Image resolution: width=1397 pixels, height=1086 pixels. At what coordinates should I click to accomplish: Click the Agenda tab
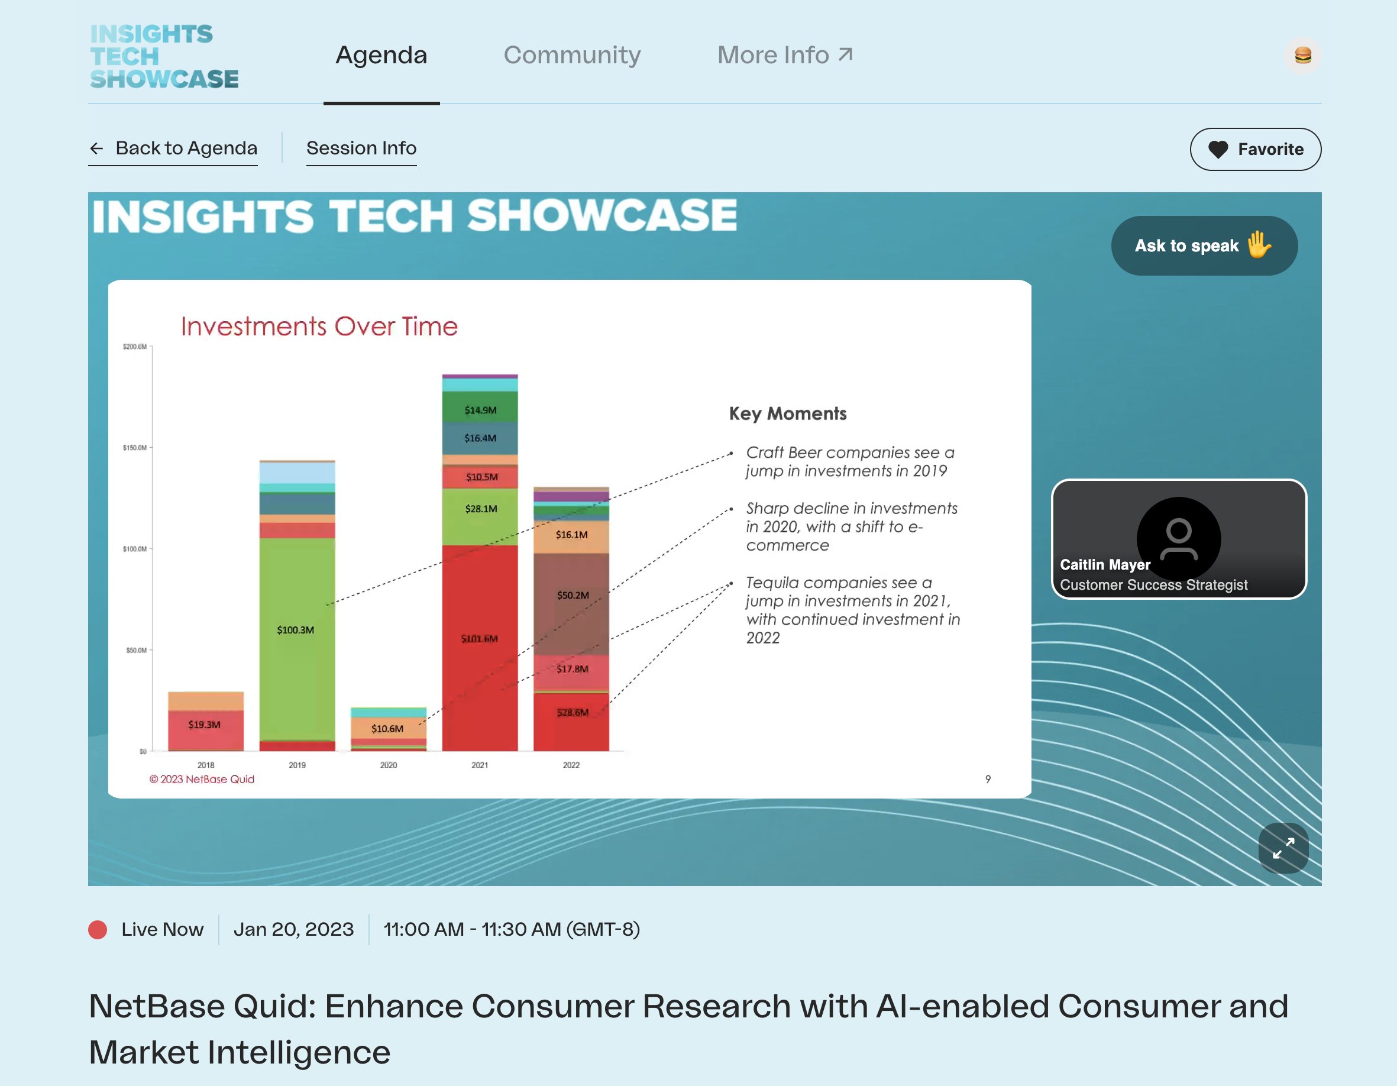click(381, 56)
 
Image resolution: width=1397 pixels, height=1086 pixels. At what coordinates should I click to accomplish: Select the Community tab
click(572, 56)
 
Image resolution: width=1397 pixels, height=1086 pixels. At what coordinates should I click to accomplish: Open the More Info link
click(785, 56)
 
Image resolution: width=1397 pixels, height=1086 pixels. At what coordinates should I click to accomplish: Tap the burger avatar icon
click(1302, 56)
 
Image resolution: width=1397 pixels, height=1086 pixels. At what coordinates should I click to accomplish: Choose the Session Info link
click(361, 148)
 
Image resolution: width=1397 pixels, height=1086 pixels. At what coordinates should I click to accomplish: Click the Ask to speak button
click(1203, 245)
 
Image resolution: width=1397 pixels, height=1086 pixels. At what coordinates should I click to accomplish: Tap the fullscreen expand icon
click(1282, 848)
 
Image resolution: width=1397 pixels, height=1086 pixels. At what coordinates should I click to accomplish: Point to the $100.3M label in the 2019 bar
click(296, 630)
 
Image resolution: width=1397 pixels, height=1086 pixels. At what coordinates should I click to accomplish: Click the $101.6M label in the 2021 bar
click(479, 639)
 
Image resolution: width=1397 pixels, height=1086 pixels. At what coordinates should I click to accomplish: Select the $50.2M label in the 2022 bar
click(573, 596)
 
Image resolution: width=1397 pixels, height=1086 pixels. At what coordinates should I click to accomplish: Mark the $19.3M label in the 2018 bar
click(204, 725)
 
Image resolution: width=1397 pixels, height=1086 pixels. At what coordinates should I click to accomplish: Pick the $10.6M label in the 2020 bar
click(387, 729)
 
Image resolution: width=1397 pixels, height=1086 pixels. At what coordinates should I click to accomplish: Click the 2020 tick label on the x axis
click(388, 765)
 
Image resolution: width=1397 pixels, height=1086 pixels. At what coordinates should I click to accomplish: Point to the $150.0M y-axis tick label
click(135, 448)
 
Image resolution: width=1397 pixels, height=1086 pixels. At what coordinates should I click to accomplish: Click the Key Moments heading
click(787, 414)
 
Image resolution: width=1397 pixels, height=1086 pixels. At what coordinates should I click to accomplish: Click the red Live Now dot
click(98, 929)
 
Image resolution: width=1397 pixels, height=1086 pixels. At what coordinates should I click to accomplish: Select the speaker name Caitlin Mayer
click(1105, 565)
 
